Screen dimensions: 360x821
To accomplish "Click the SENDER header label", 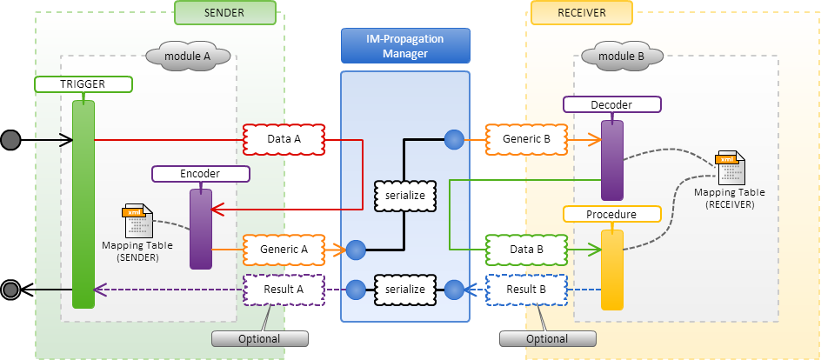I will click(x=225, y=13).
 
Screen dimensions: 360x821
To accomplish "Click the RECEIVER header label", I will click(x=582, y=13).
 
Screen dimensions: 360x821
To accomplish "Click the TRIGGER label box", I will click(x=83, y=84).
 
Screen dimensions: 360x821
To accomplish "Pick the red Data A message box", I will click(x=284, y=138).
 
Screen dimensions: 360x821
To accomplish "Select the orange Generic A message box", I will click(x=284, y=250).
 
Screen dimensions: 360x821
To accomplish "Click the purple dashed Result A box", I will click(x=284, y=289).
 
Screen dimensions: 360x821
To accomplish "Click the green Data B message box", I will click(x=527, y=250).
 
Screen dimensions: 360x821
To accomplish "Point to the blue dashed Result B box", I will click(x=527, y=289).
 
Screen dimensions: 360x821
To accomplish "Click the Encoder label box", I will click(x=201, y=174).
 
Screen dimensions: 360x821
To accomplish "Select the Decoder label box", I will click(x=611, y=105).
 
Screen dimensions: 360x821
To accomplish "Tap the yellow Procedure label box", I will click(x=611, y=214).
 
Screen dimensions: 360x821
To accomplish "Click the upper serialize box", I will click(x=405, y=195).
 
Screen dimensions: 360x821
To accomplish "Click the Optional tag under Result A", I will click(x=259, y=338).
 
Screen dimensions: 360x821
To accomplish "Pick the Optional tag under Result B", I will click(x=548, y=338).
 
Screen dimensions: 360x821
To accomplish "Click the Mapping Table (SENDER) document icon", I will click(x=138, y=221).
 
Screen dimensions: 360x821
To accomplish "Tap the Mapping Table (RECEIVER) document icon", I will click(x=729, y=167).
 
